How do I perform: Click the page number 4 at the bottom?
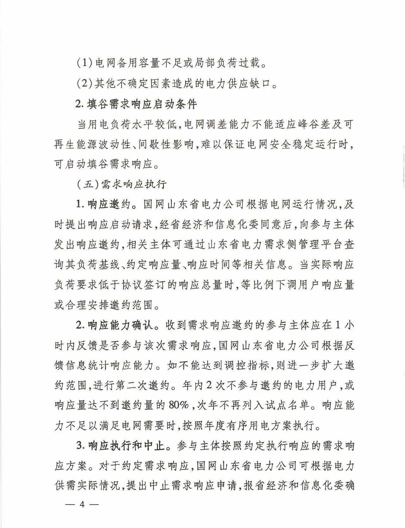coord(82,505)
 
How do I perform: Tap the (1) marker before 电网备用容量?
coord(84,64)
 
